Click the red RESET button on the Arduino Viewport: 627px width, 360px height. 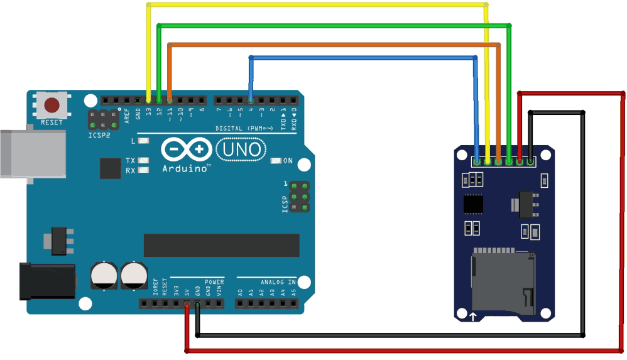52,104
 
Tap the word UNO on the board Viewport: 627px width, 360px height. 241,150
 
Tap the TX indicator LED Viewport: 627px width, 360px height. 143,161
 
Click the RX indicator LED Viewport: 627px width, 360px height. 143,170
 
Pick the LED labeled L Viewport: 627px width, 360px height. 143,141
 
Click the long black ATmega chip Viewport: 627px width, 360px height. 221,245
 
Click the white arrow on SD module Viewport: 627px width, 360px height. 472,316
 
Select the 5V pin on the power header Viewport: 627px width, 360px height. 187,304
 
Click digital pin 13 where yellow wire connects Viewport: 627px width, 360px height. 148,101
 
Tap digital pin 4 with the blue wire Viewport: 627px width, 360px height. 251,101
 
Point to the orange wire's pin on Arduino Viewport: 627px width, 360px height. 170,101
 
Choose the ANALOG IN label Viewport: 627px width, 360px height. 275,282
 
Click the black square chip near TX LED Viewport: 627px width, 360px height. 110,168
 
